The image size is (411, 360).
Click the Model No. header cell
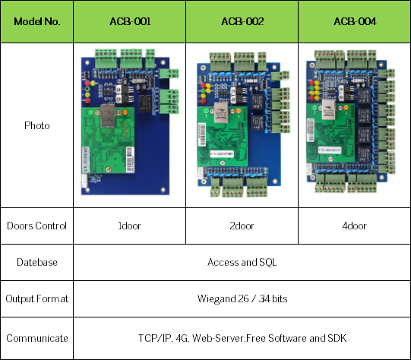[36, 21]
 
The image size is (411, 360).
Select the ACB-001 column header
[129, 21]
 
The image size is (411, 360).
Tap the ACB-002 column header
[242, 21]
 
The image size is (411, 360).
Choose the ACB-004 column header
[354, 21]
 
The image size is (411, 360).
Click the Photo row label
[36, 125]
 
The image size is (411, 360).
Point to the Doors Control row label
[36, 226]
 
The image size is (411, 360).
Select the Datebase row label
[36, 262]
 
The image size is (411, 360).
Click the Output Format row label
[36, 298]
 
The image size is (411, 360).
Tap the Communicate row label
[36, 338]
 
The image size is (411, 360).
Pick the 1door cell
[129, 226]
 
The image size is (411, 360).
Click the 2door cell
[242, 226]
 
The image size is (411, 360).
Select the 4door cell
[354, 226]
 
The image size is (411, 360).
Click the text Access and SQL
[242, 262]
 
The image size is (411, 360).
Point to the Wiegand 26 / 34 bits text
[242, 298]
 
